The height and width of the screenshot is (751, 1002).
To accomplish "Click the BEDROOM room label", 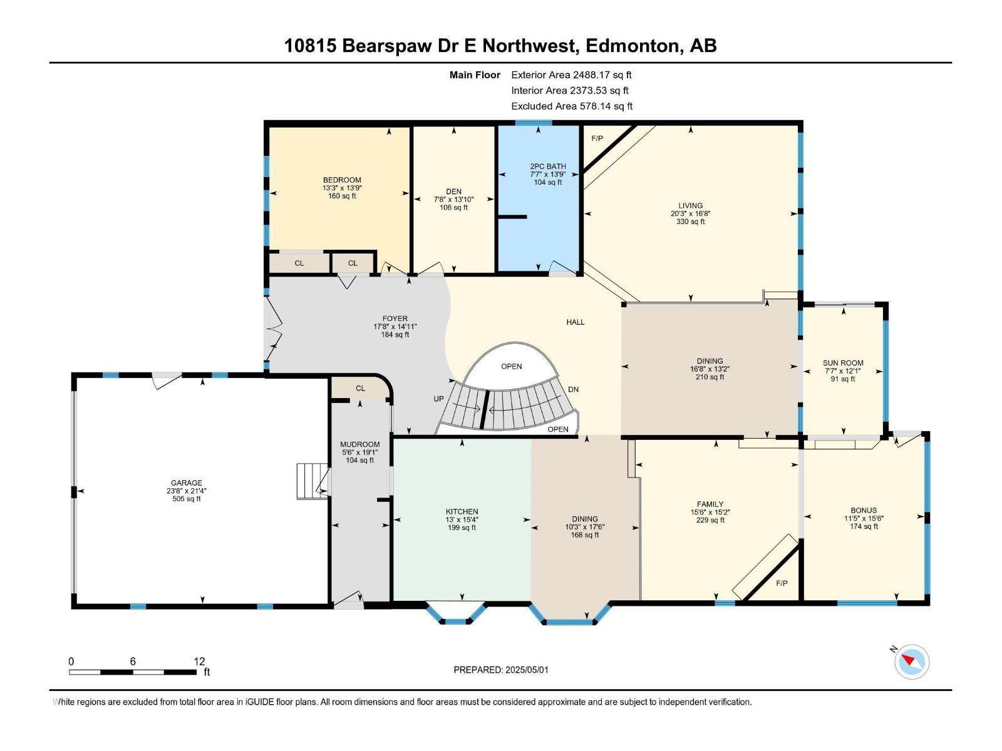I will [342, 180].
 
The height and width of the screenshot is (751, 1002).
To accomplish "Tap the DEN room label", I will [453, 192].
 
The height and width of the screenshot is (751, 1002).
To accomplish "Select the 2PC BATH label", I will [547, 166].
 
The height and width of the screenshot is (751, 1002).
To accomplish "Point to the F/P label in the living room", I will [597, 138].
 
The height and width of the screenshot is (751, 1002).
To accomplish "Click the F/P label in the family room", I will [782, 583].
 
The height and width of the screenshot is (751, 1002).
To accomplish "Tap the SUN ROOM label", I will [843, 363].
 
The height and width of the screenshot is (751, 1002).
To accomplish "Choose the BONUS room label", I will [864, 511].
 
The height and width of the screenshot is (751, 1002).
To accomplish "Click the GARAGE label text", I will [187, 483].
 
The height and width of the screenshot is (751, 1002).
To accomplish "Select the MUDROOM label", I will [360, 444].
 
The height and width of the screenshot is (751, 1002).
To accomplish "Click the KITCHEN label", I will [462, 512].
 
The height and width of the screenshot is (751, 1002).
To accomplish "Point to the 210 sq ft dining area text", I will [710, 377].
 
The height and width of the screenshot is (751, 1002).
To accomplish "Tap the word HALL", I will [576, 322].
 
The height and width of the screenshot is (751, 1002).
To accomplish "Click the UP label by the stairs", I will [439, 399].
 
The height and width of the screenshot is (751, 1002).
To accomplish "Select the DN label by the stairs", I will [573, 389].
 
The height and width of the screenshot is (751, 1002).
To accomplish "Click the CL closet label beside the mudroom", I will [360, 389].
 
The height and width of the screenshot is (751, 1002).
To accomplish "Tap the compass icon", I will [912, 662].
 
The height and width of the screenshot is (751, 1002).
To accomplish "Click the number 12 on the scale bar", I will [199, 662].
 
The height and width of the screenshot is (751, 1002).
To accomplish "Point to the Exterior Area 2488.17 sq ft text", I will [571, 74].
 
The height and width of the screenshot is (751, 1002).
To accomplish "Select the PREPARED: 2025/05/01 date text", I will [501, 670].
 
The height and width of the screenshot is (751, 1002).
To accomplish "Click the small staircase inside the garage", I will [312, 481].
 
